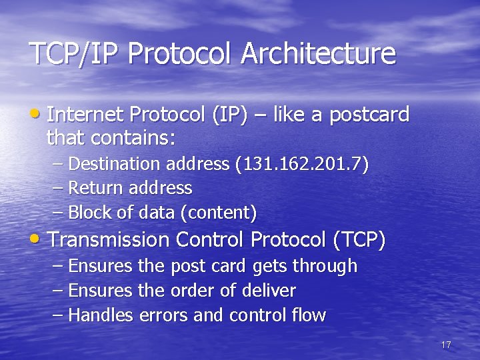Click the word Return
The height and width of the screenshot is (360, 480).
click(93, 189)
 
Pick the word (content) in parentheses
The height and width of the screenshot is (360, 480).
click(223, 213)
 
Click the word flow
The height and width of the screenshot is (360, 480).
click(310, 315)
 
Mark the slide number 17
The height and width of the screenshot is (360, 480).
click(446, 345)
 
